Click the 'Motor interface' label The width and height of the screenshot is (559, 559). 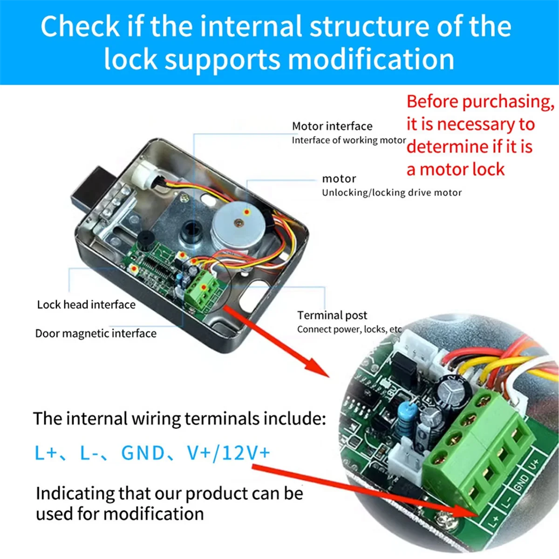pos(332,126)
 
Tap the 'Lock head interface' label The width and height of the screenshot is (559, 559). pos(86,305)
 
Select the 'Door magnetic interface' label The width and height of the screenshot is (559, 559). pos(95,334)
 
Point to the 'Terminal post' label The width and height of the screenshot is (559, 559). pos(332,315)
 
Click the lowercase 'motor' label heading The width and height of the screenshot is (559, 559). pos(339,179)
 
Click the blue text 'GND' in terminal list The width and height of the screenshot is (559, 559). pos(143,453)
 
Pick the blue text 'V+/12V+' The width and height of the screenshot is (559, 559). pos(228,453)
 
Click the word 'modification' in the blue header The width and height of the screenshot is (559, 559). pos(371,60)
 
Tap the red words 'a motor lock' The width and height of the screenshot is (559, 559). pos(455,170)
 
